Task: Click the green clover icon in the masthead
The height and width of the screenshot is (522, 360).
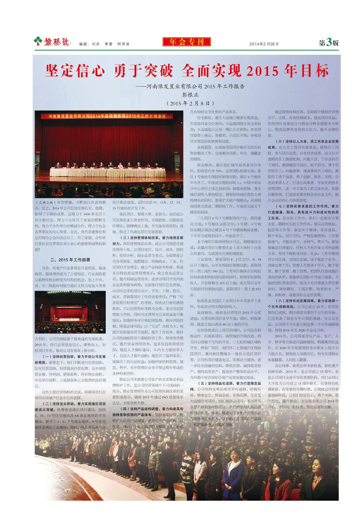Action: pyautogui.click(x=38, y=41)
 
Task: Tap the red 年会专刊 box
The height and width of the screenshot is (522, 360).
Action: pyautogui.click(x=187, y=42)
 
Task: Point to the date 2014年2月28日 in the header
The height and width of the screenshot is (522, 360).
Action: pyautogui.click(x=264, y=44)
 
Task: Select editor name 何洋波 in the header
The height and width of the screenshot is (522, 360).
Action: pyautogui.click(x=123, y=44)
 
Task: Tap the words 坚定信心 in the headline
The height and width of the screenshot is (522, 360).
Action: pyautogui.click(x=75, y=71)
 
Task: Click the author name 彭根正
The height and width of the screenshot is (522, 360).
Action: pyautogui.click(x=190, y=95)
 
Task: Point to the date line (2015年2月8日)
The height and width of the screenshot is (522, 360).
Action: pyautogui.click(x=190, y=103)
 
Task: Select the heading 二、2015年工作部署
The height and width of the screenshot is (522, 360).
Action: pyautogui.click(x=70, y=260)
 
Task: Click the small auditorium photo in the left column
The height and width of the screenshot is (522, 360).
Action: pyautogui.click(x=70, y=312)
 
